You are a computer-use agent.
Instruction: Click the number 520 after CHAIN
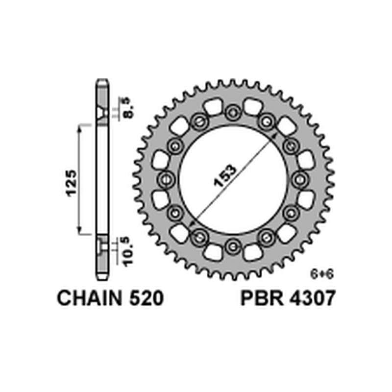[x=145, y=298]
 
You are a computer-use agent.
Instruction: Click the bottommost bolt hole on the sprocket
[x=233, y=246]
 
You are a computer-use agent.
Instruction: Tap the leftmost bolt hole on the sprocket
[x=167, y=179]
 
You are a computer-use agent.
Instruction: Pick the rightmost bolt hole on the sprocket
[x=300, y=179]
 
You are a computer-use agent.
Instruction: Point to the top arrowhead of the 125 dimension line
[x=79, y=127]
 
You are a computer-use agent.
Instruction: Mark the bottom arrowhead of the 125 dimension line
[x=79, y=233]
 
